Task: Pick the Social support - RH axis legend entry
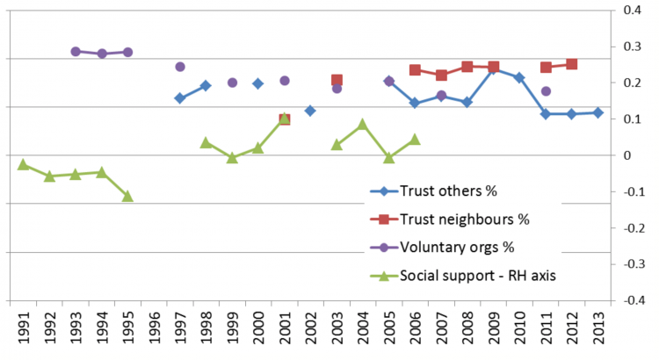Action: click(466, 274)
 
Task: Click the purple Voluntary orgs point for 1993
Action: click(76, 52)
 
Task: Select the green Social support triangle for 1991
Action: click(23, 164)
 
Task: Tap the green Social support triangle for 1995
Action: click(127, 196)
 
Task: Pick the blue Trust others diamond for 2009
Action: click(493, 68)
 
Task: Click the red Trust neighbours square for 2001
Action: click(285, 119)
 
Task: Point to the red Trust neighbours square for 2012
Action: click(572, 64)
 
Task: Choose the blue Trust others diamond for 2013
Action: click(598, 113)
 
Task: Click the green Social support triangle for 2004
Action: click(363, 125)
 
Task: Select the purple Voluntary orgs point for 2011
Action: click(546, 91)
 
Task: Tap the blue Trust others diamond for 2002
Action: click(310, 111)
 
